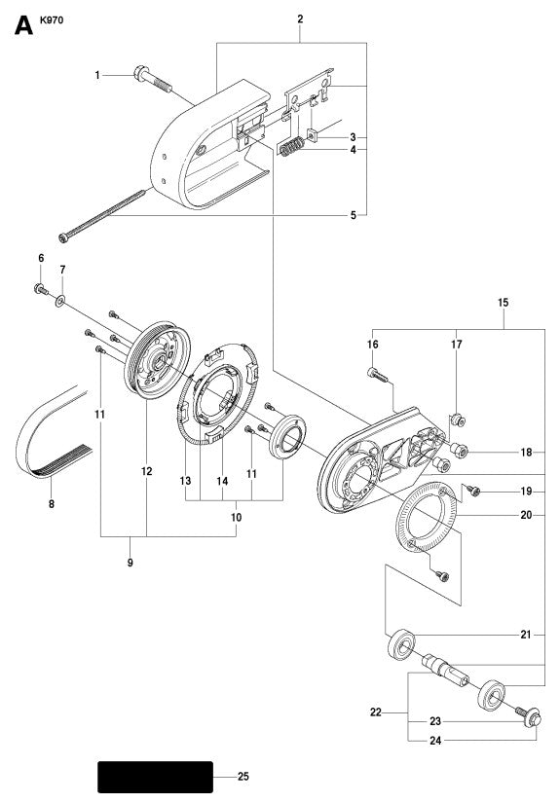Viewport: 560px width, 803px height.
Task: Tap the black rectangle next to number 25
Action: click(155, 777)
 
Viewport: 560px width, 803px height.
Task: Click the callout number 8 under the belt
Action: click(51, 504)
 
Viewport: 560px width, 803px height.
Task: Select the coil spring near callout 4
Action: click(289, 148)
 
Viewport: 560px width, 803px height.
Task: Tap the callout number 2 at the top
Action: click(300, 18)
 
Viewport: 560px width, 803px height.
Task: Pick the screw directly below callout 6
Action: click(41, 288)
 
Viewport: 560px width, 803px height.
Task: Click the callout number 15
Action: click(504, 303)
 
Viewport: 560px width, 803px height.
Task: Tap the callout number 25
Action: click(243, 777)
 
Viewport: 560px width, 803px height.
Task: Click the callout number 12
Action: click(147, 471)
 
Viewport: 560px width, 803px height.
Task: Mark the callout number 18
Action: click(525, 452)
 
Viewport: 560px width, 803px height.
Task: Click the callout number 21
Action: click(525, 635)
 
